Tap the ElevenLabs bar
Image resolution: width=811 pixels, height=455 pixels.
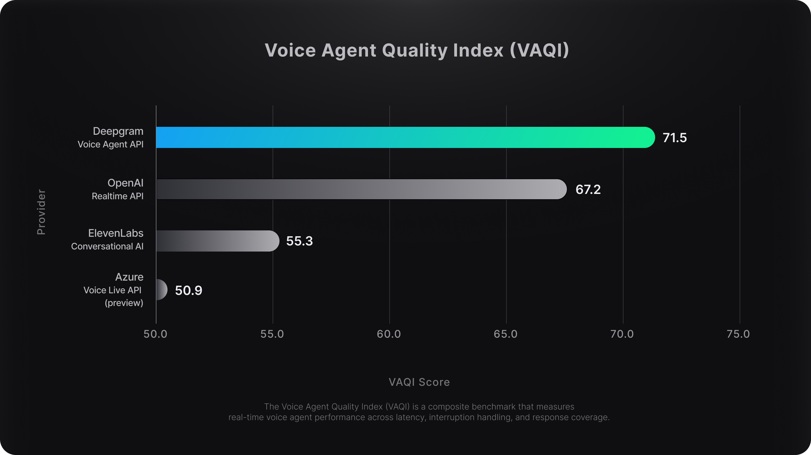[x=217, y=241]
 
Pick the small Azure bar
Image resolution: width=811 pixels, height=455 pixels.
[x=161, y=290]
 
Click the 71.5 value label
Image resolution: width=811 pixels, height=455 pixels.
[x=674, y=138]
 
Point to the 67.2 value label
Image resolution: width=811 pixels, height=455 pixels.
[x=588, y=189]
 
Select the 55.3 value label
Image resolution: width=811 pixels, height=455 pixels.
[x=299, y=241]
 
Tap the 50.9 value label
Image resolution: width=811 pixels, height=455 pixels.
[x=188, y=290]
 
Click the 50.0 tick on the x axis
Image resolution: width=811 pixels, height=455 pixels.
[x=156, y=334]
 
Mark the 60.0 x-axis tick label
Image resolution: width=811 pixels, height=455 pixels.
[x=389, y=334]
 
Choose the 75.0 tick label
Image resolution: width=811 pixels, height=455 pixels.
[x=738, y=334]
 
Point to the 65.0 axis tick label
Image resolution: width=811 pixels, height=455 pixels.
[x=505, y=334]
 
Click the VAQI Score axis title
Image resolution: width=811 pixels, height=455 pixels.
[x=419, y=382]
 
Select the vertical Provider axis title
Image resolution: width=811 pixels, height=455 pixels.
[x=41, y=212]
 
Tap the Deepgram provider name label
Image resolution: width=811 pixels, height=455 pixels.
[x=118, y=131]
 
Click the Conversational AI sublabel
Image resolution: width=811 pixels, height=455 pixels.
[x=107, y=246]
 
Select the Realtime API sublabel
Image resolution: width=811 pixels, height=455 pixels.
[x=118, y=196]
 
